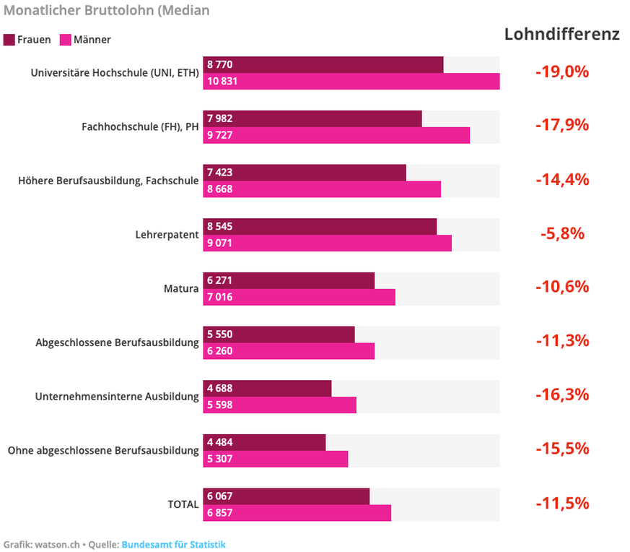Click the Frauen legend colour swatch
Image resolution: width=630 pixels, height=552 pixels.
pyautogui.click(x=9, y=40)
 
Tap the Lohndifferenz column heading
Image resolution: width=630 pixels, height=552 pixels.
pyautogui.click(x=561, y=34)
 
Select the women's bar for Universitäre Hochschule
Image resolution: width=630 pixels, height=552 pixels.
pyautogui.click(x=323, y=64)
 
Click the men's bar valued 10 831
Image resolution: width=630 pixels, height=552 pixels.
pyautogui.click(x=351, y=81)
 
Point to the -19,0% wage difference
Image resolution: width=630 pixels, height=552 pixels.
pyautogui.click(x=562, y=72)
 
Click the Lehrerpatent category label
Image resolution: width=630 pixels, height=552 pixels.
pyautogui.click(x=167, y=235)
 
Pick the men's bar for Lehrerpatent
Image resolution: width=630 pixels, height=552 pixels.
pyautogui.click(x=327, y=243)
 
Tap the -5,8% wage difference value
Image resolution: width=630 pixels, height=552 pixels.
pyautogui.click(x=562, y=233)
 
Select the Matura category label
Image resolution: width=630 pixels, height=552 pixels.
pyautogui.click(x=181, y=289)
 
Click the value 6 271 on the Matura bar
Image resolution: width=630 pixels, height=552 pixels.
pyautogui.click(x=220, y=280)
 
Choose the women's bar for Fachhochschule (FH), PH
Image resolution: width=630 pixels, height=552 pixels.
pyautogui.click(x=312, y=118)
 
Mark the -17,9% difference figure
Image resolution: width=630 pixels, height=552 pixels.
pyautogui.click(x=562, y=125)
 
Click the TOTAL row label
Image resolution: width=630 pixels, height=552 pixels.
pyautogui.click(x=183, y=504)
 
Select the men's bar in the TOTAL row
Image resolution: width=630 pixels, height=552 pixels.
pyautogui.click(x=297, y=512)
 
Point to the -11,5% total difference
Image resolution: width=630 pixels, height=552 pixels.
pyautogui.click(x=562, y=503)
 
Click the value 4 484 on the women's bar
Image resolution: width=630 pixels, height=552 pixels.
pyautogui.click(x=220, y=442)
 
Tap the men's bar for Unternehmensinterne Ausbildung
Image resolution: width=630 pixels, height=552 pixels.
pyautogui.click(x=279, y=405)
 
